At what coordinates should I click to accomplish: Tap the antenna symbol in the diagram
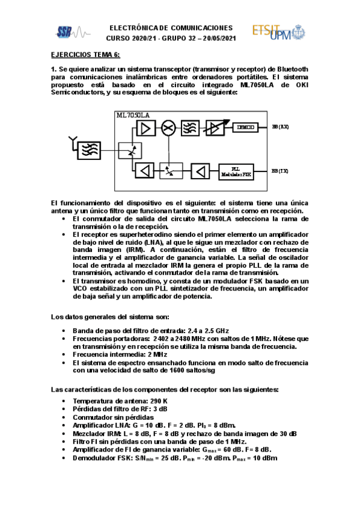pos(72,142)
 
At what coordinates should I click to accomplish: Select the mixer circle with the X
pos(171,127)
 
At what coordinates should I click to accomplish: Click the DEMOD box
pos(245,127)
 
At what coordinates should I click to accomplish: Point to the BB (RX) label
pos(280,127)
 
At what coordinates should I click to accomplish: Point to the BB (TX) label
pos(280,171)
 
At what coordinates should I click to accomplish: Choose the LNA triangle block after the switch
pos(145,127)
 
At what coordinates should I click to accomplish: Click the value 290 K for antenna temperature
pos(156,401)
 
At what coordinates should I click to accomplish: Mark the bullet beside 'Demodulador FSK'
pos(64,458)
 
